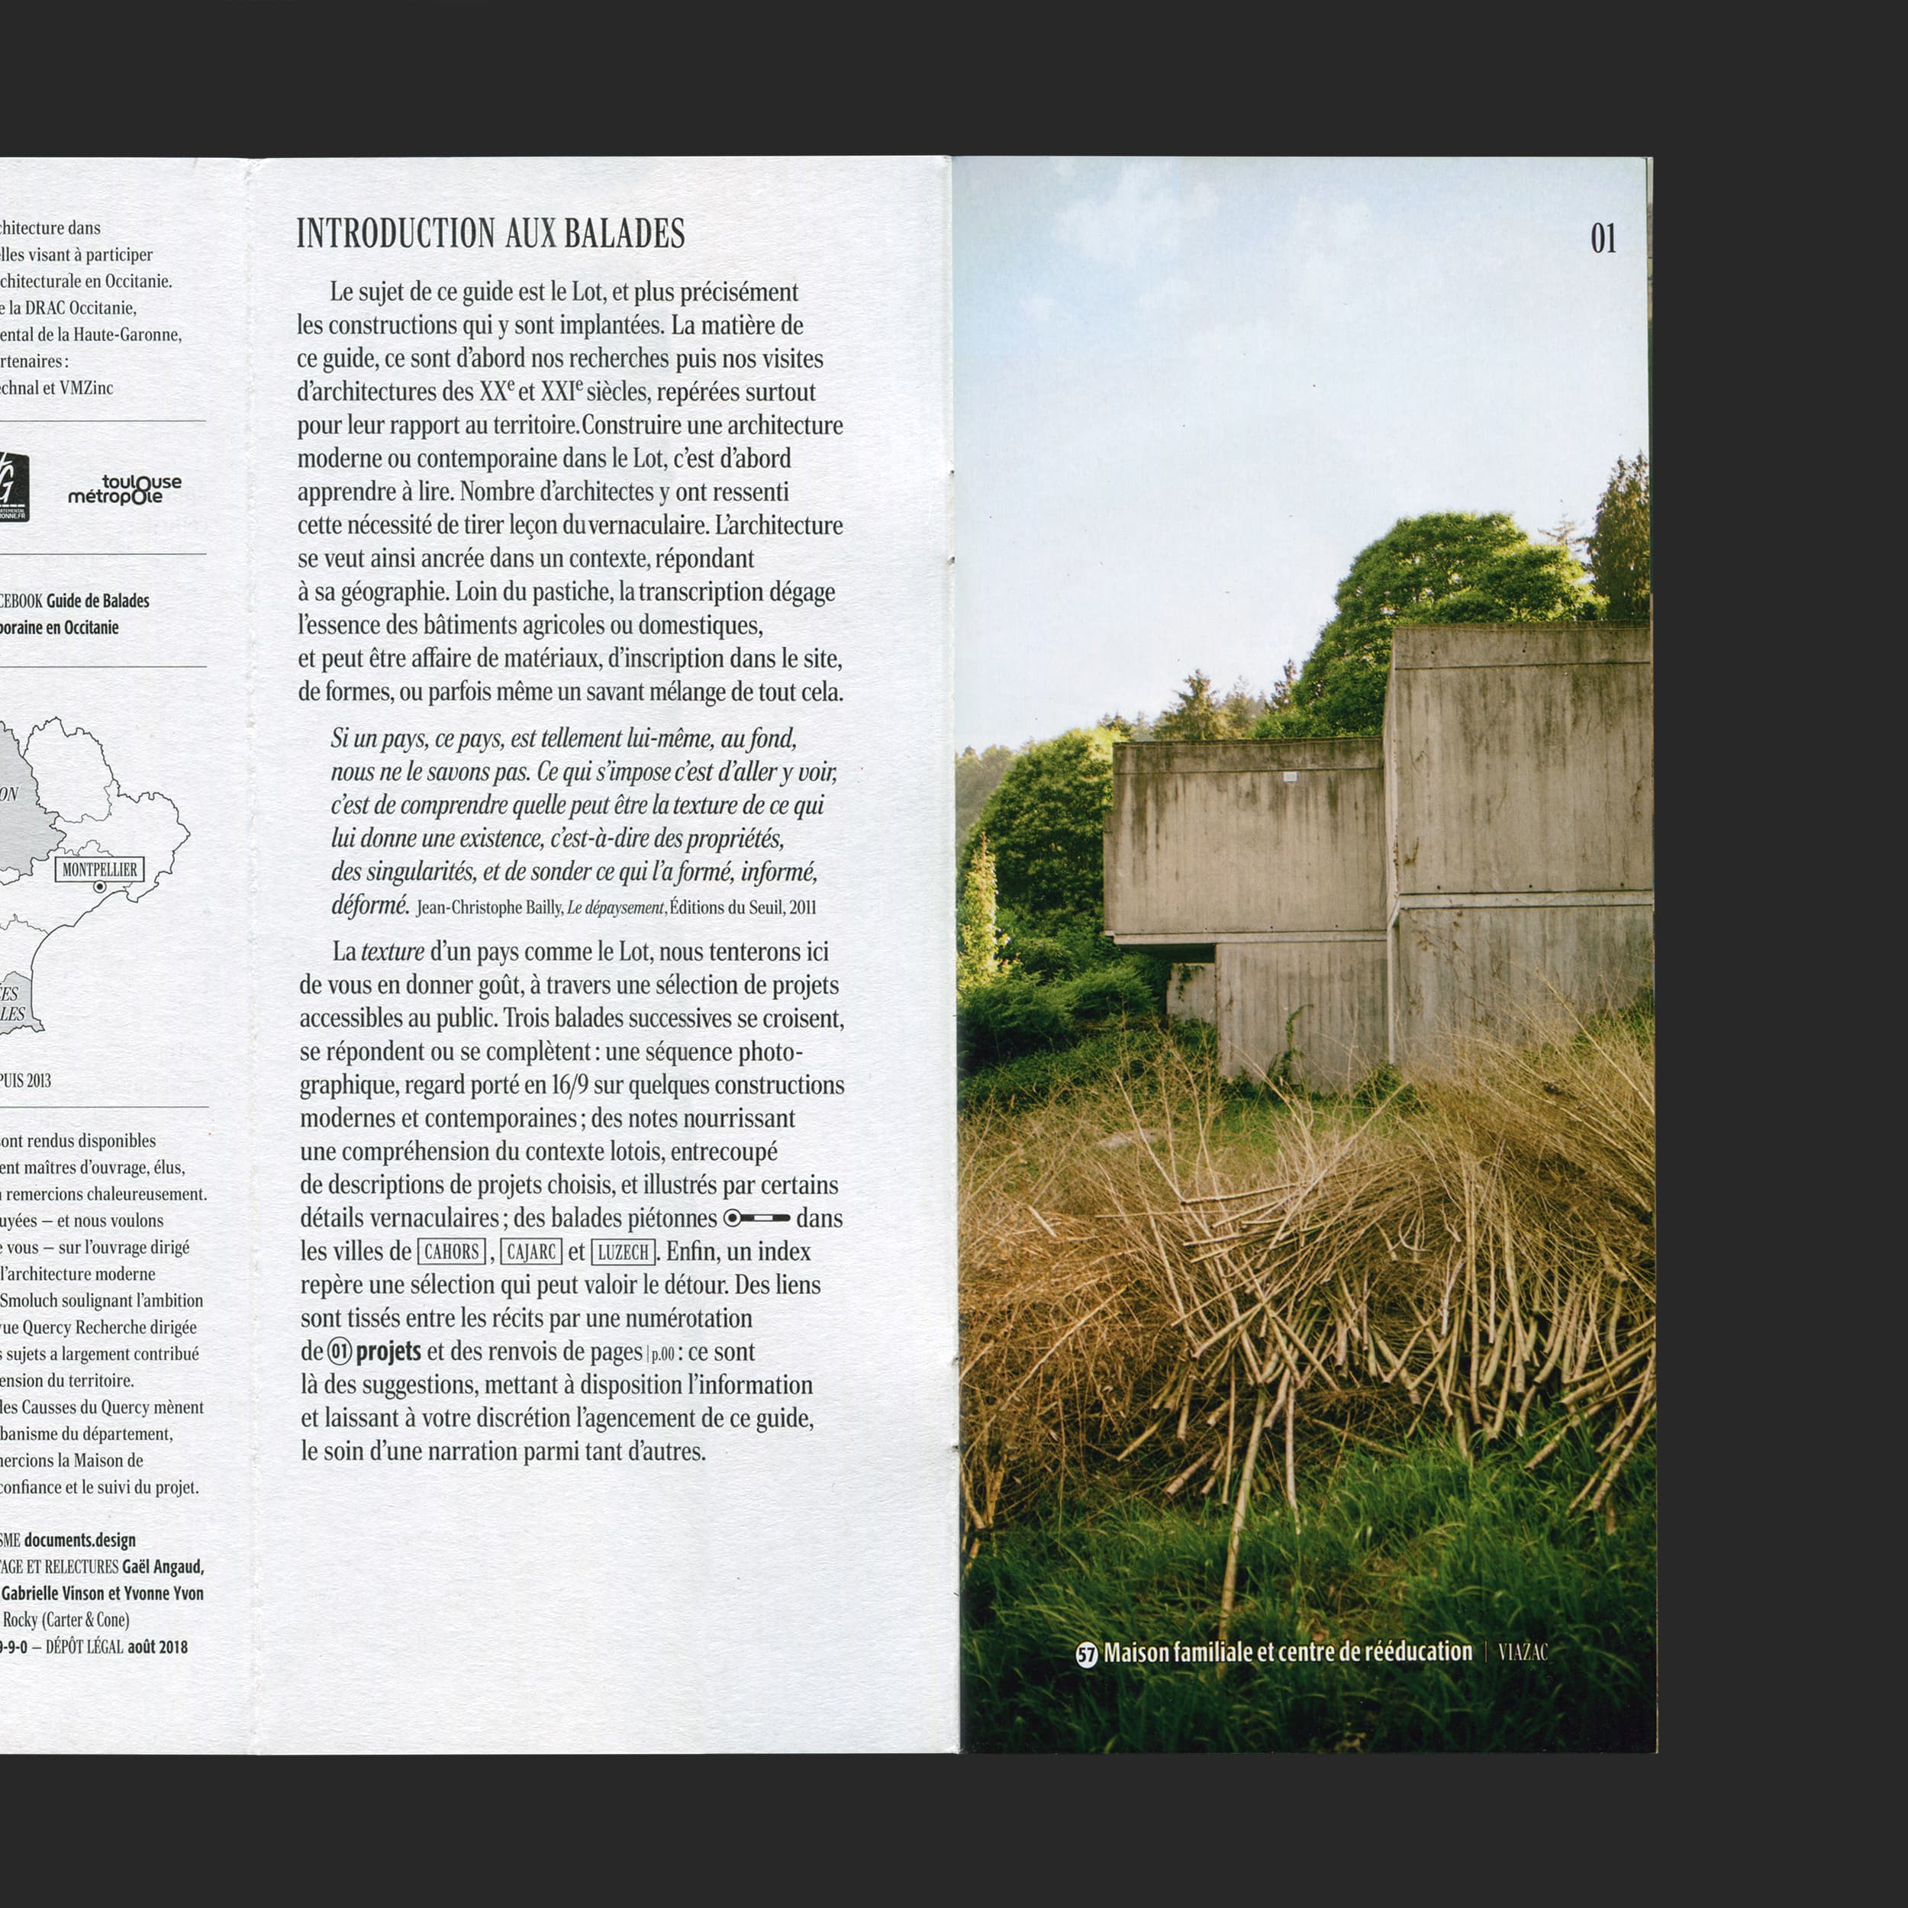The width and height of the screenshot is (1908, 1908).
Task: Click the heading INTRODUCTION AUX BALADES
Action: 490,234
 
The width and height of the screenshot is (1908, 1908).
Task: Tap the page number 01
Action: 1603,238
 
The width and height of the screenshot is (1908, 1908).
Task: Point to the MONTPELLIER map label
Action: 100,869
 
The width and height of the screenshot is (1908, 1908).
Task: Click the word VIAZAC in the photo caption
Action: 1522,1652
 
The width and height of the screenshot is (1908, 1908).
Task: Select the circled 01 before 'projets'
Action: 339,1351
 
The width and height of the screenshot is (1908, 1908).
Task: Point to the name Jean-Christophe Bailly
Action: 489,907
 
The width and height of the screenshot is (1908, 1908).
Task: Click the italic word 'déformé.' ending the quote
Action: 369,904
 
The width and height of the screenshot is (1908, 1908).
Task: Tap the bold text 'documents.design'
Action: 80,1539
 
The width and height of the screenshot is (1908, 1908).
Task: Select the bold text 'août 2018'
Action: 157,1646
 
